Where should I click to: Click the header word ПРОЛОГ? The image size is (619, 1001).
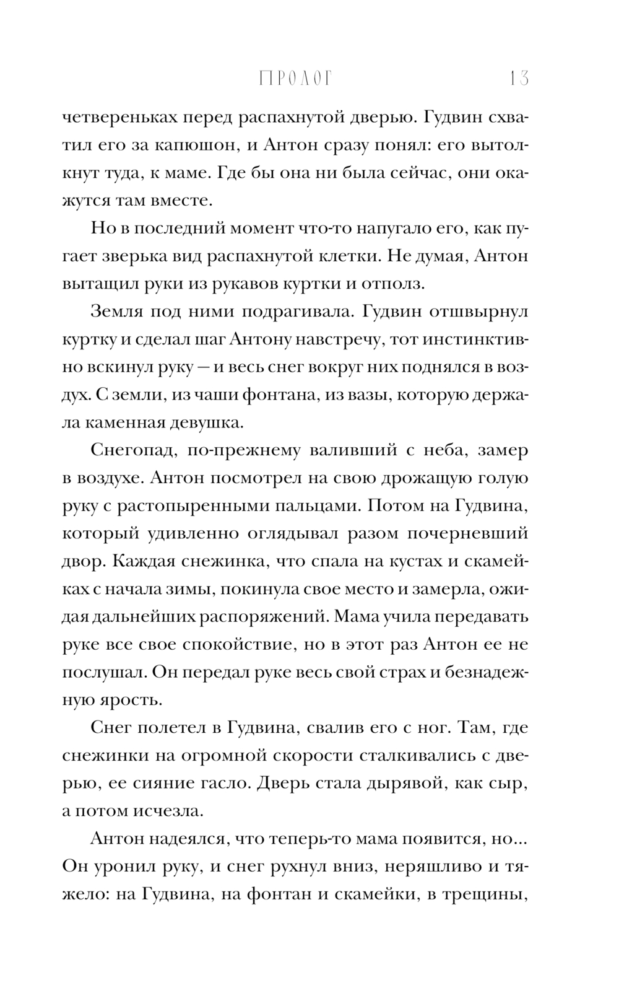coord(295,79)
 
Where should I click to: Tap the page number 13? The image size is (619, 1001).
coord(518,79)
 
